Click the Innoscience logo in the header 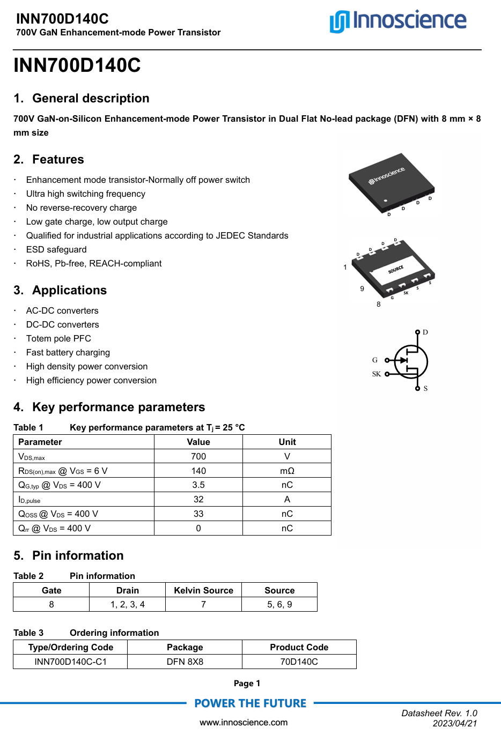397,21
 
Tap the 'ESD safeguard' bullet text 56,250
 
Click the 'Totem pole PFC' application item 58,339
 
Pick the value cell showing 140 198,471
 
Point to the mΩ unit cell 287,471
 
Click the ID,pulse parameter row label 30,500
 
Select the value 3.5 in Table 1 198,485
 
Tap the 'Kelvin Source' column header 203,590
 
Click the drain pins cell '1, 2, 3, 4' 127,605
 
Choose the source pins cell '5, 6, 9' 279,605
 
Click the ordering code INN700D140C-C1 70,662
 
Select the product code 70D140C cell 299,662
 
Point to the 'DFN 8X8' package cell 185,662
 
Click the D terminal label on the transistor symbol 425,332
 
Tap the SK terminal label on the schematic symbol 376,374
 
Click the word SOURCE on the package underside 396,270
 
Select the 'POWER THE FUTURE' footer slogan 250,703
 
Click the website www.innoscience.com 244,723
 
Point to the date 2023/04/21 455,724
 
